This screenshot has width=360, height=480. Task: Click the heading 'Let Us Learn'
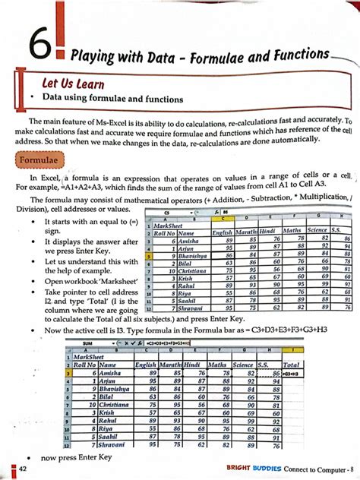[73, 84]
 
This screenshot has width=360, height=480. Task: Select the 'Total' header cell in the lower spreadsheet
[292, 365]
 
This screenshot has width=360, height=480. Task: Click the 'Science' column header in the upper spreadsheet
[317, 230]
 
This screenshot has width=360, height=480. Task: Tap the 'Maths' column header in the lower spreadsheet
[216, 365]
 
